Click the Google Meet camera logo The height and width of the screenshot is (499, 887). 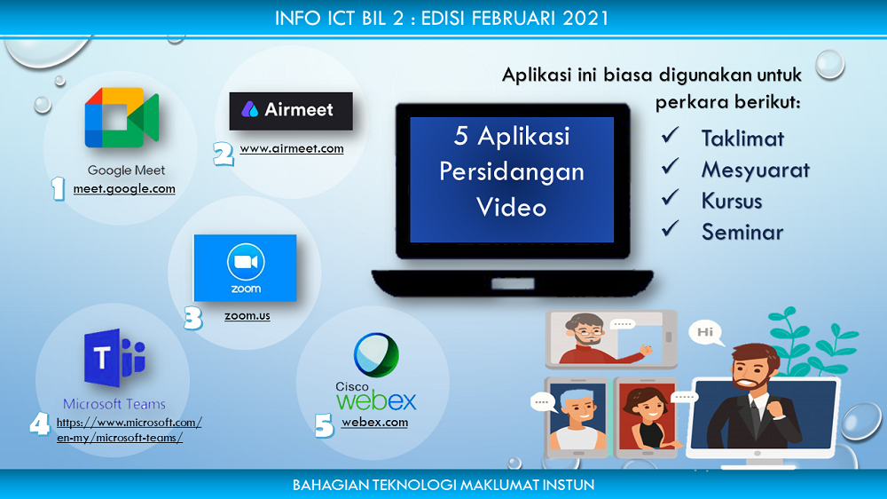122,117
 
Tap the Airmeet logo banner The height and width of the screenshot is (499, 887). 291,111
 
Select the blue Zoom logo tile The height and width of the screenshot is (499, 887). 245,268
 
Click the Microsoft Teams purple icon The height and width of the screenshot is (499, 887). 114,358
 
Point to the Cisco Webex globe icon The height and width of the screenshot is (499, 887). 376,354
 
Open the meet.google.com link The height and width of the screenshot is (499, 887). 124,188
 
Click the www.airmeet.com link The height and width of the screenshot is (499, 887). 292,148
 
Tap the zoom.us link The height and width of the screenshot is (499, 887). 247,315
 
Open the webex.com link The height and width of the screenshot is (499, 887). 374,422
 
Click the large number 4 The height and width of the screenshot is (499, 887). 40,424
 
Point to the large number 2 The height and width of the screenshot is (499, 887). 224,154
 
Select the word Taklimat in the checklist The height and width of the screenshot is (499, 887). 742,139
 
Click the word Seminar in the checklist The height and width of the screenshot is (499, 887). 742,233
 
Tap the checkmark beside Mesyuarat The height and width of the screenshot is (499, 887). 671,166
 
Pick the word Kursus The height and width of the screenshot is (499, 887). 732,201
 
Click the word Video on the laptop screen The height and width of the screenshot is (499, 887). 512,207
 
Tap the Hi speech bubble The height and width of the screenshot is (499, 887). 706,333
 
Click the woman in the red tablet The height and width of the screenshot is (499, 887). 647,417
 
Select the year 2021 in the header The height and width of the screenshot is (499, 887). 585,18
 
